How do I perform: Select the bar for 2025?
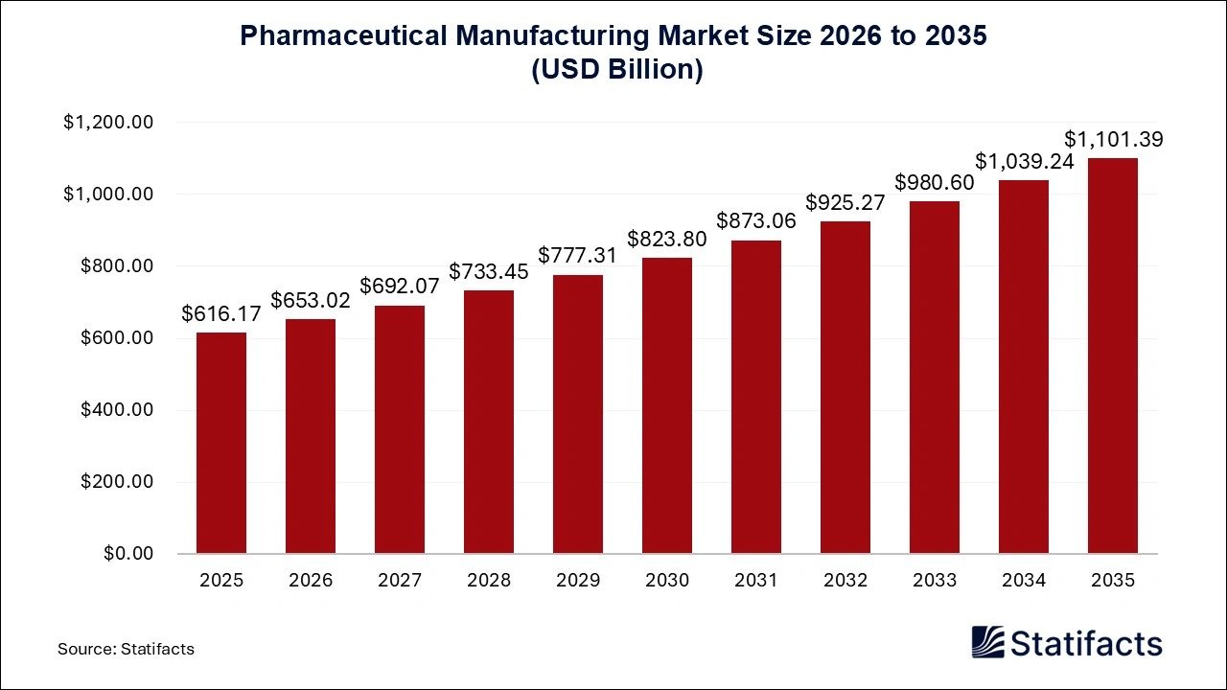coord(221,443)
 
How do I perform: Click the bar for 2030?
coord(667,405)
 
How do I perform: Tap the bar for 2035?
coord(1113,356)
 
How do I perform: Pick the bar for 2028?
coord(489,422)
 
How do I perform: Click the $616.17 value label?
coord(221,315)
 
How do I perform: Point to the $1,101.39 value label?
coord(1113,140)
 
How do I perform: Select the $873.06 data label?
coord(756,222)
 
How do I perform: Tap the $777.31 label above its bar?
coord(578,256)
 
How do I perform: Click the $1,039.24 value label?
coord(1024,161)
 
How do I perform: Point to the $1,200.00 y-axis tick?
coord(108,123)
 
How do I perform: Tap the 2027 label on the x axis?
coord(400,581)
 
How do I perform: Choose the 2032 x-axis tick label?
coord(845,581)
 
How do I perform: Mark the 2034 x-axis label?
coord(1024,581)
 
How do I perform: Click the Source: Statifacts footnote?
coord(126,649)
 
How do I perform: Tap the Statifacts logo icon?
coord(987,642)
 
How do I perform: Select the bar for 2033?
coord(935,378)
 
